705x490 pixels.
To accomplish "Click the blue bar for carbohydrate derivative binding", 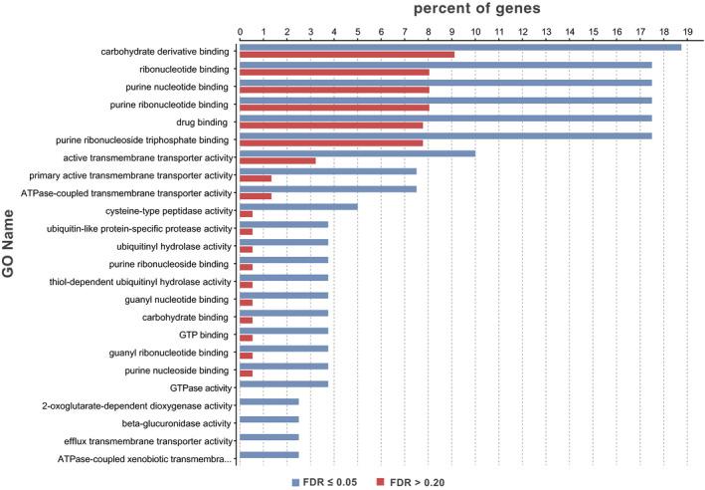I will (x=460, y=47).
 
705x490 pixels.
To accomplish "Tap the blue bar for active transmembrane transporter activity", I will (x=357, y=153).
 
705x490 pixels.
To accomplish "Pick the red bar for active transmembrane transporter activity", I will (x=277, y=160).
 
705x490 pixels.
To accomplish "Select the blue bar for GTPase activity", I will (x=283, y=383).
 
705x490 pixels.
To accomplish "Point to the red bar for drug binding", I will (x=331, y=125).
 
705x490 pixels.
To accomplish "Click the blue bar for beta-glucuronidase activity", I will (x=268, y=419).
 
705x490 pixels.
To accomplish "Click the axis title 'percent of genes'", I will (x=476, y=9).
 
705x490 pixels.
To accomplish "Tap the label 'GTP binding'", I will (x=204, y=335).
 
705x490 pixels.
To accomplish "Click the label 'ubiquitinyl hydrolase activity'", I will (x=172, y=246).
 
